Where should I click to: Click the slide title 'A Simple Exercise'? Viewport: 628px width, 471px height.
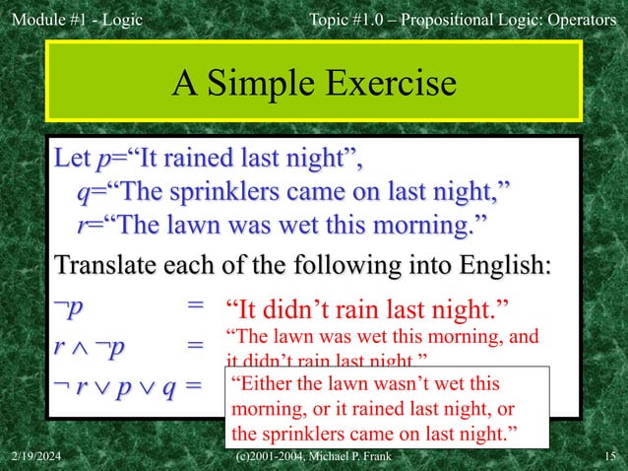coord(314,84)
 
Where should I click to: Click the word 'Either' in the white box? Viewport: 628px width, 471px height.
coord(261,383)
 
